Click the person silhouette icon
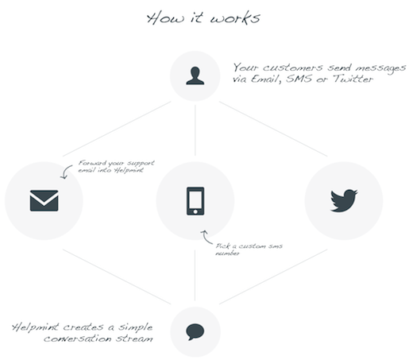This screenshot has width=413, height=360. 195,75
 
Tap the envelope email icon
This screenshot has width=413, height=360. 44,200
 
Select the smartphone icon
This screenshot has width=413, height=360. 195,201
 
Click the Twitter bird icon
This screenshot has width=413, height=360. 344,200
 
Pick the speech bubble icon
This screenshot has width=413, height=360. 195,331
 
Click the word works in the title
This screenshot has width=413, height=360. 235,18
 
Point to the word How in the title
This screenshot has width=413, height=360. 165,18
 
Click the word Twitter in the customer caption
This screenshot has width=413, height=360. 353,79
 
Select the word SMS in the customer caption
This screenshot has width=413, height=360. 299,79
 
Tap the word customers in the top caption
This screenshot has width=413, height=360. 292,68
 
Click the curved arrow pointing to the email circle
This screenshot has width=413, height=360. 65,172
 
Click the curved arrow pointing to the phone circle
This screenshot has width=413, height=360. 206,237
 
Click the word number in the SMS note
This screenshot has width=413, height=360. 227,254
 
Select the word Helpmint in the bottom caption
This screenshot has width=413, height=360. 35,327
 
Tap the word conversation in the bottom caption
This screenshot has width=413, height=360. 78,339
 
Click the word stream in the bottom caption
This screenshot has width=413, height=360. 135,339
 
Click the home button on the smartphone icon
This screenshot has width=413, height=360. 195,211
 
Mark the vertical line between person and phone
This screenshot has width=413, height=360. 195,130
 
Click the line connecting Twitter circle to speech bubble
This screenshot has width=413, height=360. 273,277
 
